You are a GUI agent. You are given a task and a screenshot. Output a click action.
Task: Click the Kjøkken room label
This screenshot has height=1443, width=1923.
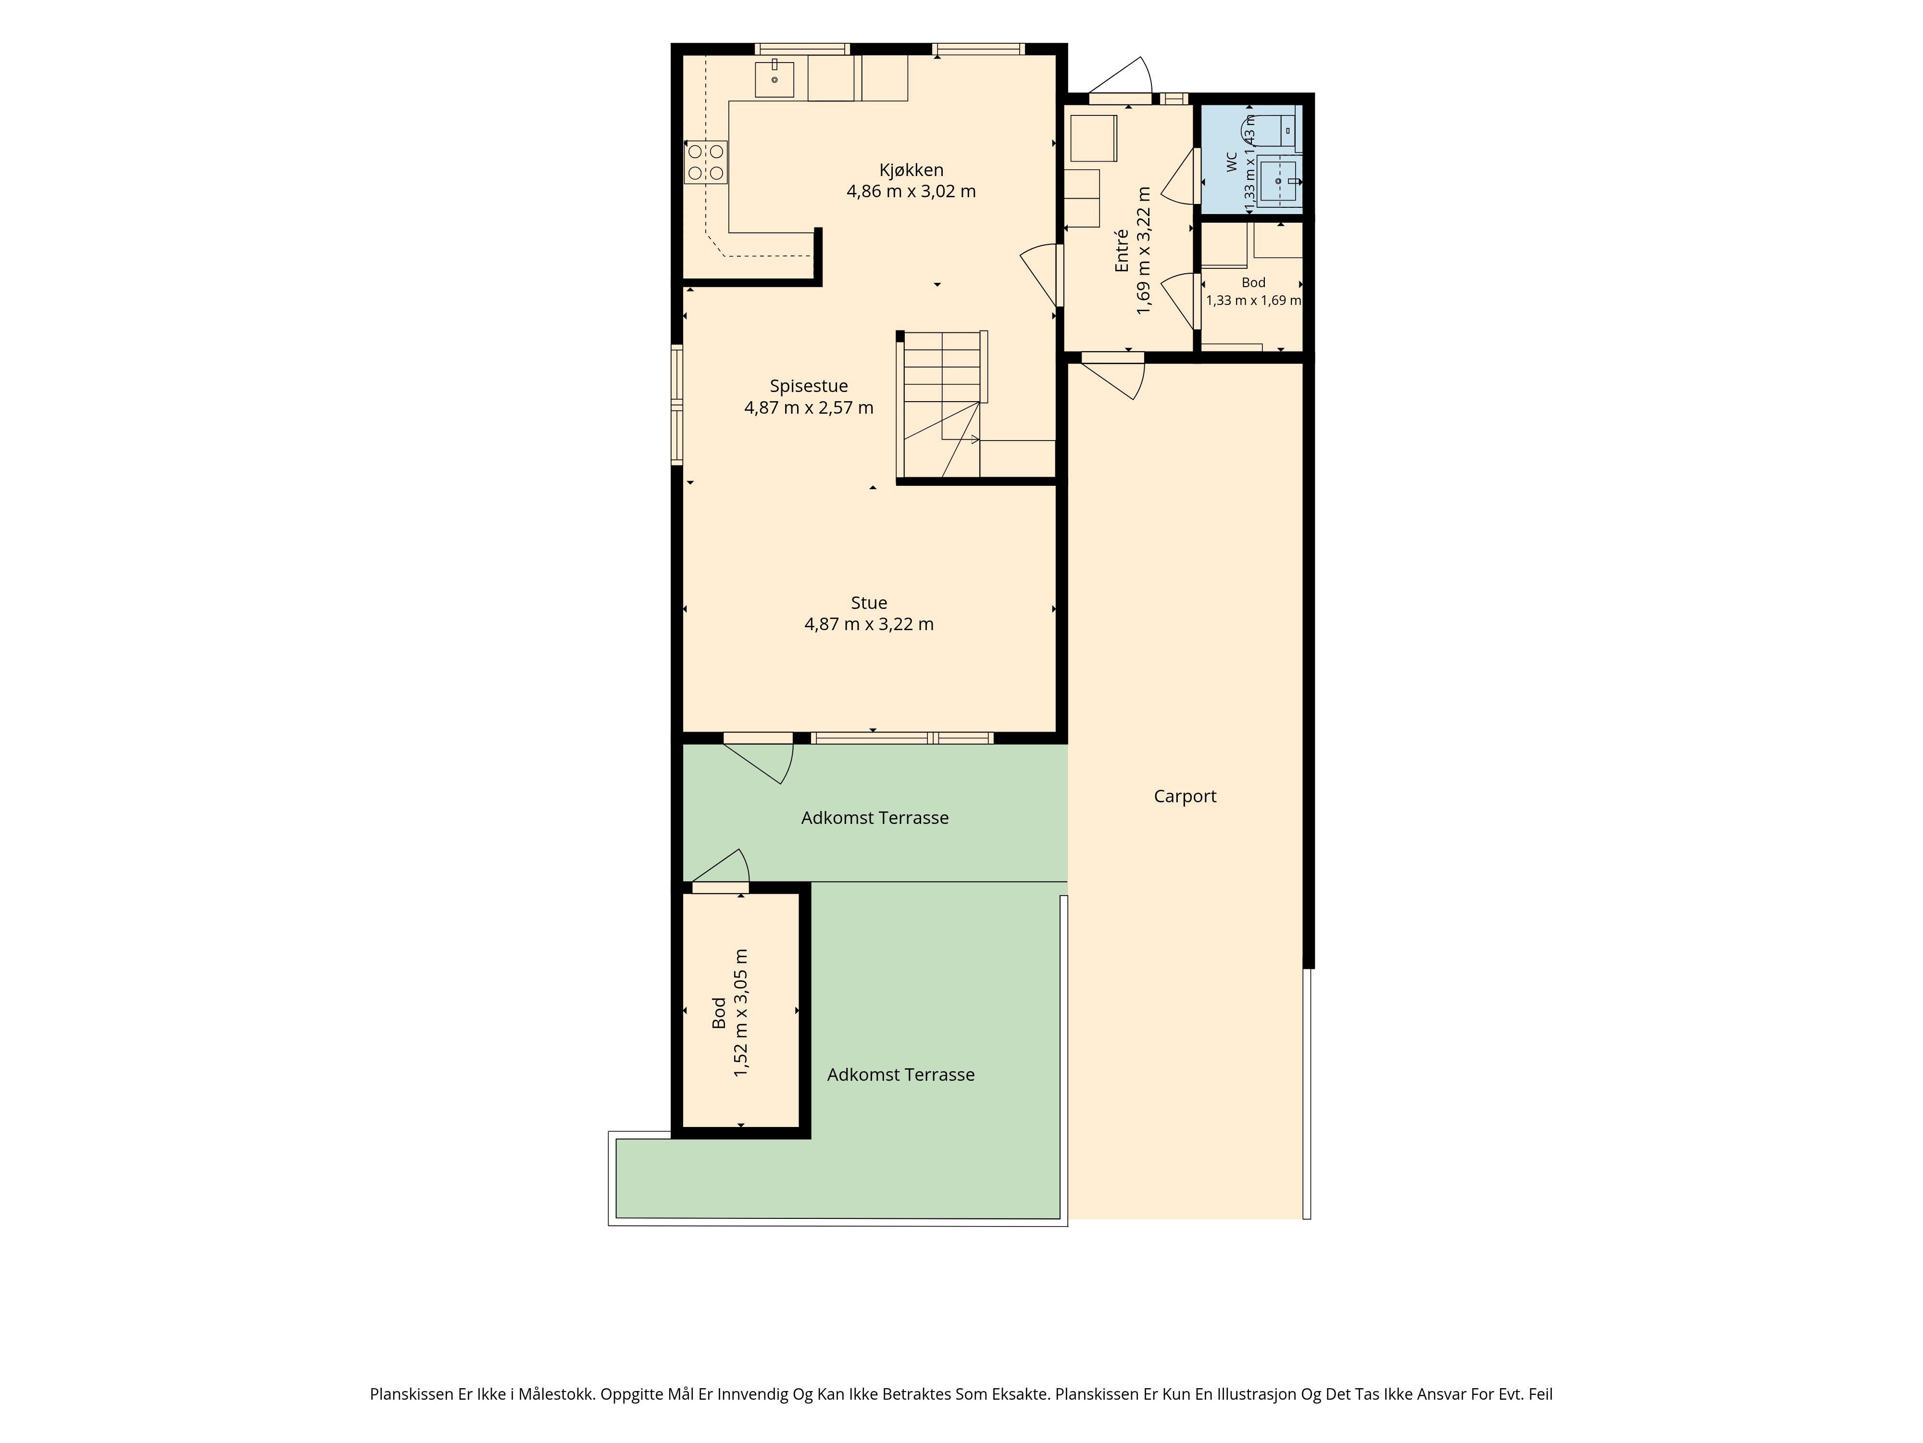[x=911, y=170]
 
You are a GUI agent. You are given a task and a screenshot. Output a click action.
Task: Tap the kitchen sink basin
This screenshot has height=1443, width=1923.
[x=774, y=78]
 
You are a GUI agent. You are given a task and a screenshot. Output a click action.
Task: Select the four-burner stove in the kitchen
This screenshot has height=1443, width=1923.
[x=706, y=162]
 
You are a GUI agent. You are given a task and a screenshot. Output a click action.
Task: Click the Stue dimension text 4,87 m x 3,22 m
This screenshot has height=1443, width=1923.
[x=869, y=624]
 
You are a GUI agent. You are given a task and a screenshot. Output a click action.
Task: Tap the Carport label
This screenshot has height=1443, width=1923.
[x=1185, y=797]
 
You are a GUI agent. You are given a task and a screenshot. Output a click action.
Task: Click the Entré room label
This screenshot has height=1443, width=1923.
[x=1122, y=251]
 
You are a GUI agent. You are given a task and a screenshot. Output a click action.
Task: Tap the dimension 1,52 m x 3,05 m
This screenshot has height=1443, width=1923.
[x=741, y=1013]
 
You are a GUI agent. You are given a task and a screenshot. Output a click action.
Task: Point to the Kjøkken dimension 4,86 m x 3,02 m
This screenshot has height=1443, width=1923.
[x=911, y=191]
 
